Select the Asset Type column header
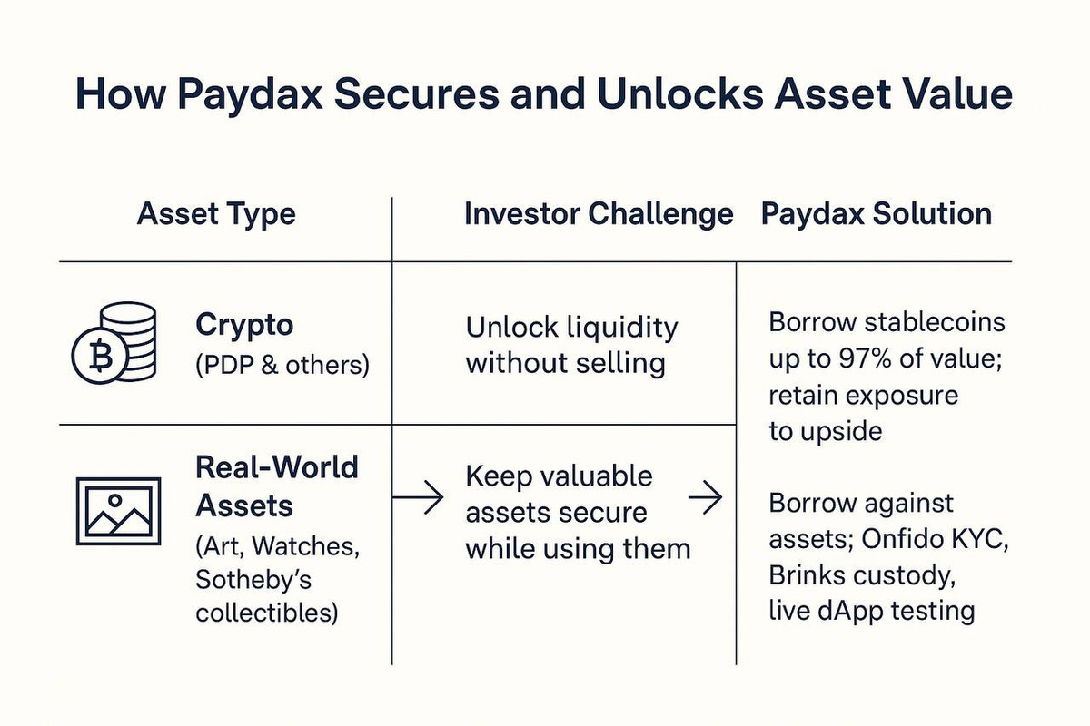(x=216, y=215)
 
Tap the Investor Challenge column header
(x=599, y=215)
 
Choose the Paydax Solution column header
(x=877, y=214)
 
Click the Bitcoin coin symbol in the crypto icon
(x=100, y=355)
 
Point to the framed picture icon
(x=119, y=511)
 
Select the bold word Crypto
(x=244, y=326)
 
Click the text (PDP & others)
(x=282, y=365)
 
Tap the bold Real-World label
(x=277, y=467)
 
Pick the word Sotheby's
(x=253, y=579)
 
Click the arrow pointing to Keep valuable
(x=418, y=497)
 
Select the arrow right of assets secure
(x=706, y=497)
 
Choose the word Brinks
(x=807, y=575)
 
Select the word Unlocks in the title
(x=680, y=93)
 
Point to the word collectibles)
(x=267, y=613)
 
